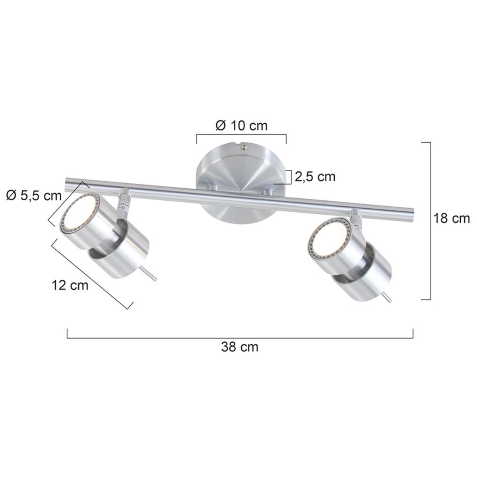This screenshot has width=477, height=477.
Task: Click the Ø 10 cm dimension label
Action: point(241,126)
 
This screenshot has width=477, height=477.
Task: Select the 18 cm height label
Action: point(451,218)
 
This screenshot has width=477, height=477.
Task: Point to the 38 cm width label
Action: point(240,347)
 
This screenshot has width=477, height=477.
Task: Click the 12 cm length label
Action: point(70,285)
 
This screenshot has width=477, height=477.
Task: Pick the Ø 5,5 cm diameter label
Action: point(34,196)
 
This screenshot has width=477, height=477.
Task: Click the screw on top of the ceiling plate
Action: point(244,147)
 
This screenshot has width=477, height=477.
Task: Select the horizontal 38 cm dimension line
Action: point(240,337)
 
